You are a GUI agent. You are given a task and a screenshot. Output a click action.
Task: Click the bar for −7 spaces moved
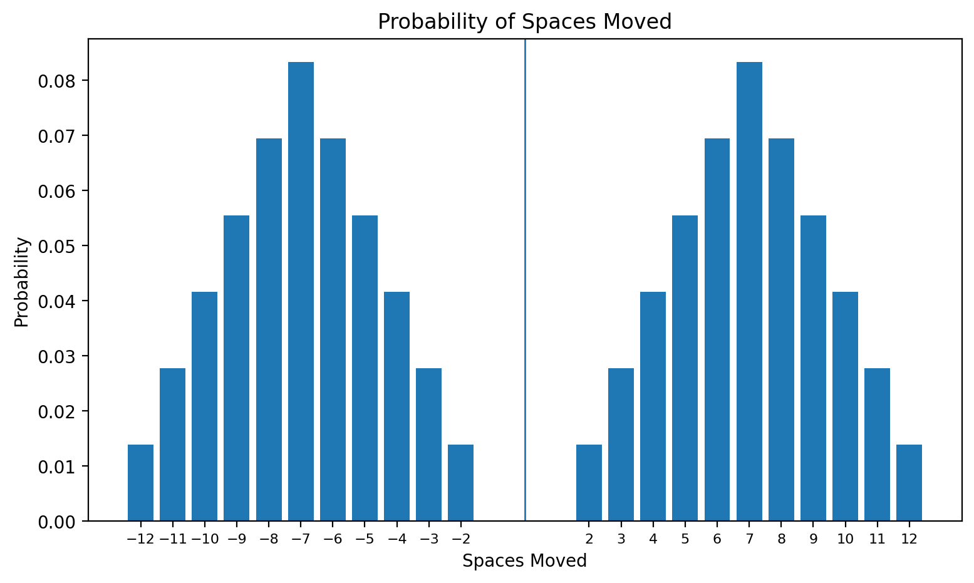pyautogui.click(x=301, y=291)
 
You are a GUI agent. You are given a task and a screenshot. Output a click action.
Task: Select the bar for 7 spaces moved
pyautogui.click(x=749, y=291)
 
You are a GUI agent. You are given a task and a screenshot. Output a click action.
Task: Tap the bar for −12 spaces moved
pyautogui.click(x=140, y=483)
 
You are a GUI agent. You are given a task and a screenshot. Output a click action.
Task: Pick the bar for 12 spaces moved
pyautogui.click(x=909, y=483)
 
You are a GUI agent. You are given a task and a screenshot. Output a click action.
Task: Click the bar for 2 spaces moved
pyautogui.click(x=589, y=483)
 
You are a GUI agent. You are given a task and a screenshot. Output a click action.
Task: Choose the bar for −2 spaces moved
pyautogui.click(x=460, y=483)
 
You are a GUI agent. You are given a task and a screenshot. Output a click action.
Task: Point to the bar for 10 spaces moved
pyautogui.click(x=845, y=406)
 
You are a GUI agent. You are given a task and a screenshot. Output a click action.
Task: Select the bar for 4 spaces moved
pyautogui.click(x=653, y=406)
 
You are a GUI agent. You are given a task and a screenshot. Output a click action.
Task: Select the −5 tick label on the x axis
pyautogui.click(x=365, y=539)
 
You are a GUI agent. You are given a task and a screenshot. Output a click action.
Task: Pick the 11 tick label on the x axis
pyautogui.click(x=877, y=539)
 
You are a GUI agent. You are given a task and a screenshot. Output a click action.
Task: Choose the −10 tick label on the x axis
pyautogui.click(x=204, y=539)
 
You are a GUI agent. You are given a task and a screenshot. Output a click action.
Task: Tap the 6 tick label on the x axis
pyautogui.click(x=717, y=539)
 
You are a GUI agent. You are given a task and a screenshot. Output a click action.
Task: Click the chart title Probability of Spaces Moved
pyautogui.click(x=524, y=22)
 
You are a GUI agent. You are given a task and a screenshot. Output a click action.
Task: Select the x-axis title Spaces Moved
pyautogui.click(x=524, y=561)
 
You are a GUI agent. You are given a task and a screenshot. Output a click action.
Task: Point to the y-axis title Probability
pyautogui.click(x=22, y=281)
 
